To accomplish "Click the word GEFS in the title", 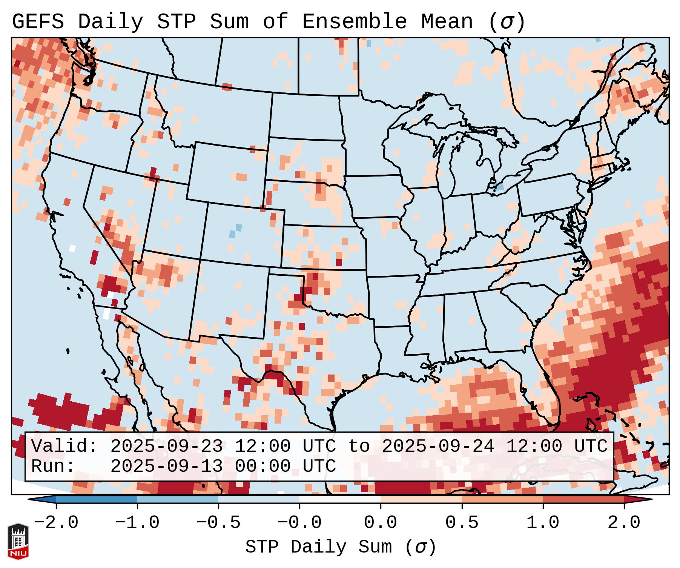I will [x=38, y=22].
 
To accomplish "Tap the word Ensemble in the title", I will [x=354, y=22].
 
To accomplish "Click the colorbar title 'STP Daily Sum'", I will [x=319, y=547].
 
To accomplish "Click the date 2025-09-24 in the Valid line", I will [x=437, y=447].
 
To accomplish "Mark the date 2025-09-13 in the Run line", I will [x=166, y=467].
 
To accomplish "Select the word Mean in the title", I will [x=447, y=22].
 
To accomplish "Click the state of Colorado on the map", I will [x=243, y=234].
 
